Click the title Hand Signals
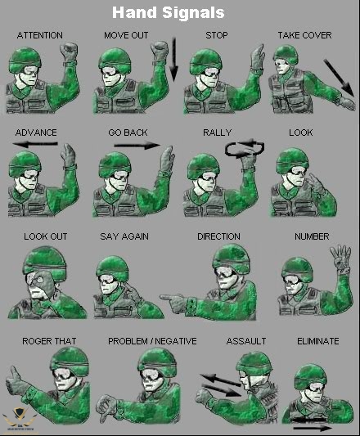(169, 12)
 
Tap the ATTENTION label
(40, 35)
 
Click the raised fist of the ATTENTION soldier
(69, 52)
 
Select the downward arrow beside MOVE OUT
(173, 59)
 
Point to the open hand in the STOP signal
(257, 58)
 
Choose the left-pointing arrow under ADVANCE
(35, 144)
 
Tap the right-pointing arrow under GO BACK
(137, 145)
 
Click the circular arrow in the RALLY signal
(245, 149)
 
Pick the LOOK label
(301, 133)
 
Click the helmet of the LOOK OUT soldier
(45, 263)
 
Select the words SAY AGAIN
(124, 236)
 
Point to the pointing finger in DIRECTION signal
(169, 297)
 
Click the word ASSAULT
(246, 341)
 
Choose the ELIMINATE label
(318, 341)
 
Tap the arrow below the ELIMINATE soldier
(313, 428)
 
